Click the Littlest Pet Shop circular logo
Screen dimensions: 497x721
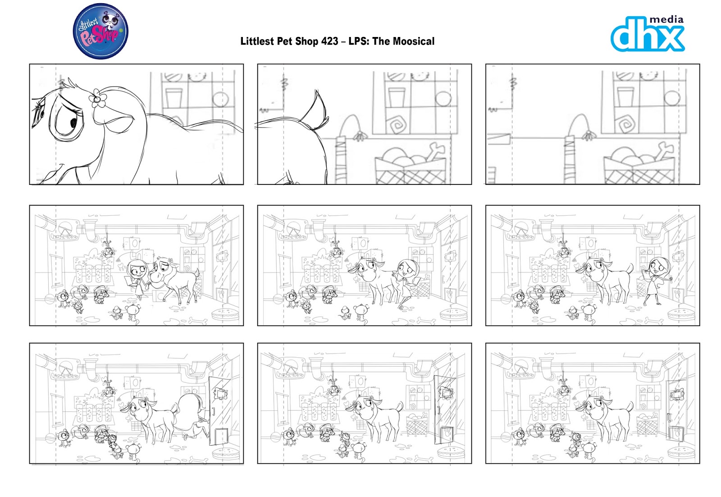pos(100,31)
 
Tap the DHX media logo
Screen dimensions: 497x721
pos(648,34)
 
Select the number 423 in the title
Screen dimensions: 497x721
pos(329,41)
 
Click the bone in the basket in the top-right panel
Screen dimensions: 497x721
pos(662,151)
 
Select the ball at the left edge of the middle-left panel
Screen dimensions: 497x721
pos(50,299)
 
